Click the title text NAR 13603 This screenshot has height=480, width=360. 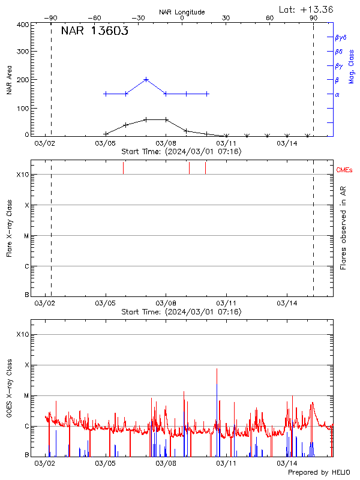pos(94,32)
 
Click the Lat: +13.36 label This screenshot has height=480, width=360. pos(307,9)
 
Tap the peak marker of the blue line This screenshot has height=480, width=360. pos(146,79)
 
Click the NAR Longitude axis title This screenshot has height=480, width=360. pos(182,12)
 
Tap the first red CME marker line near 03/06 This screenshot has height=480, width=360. pos(123,168)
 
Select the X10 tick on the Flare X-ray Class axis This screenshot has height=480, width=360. pos(22,175)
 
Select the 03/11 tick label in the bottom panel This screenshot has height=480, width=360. pos(226,463)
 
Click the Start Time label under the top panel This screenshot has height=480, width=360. pos(181,152)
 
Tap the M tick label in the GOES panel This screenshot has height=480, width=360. pos(26,396)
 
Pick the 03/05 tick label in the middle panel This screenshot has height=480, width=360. pos(105,304)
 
